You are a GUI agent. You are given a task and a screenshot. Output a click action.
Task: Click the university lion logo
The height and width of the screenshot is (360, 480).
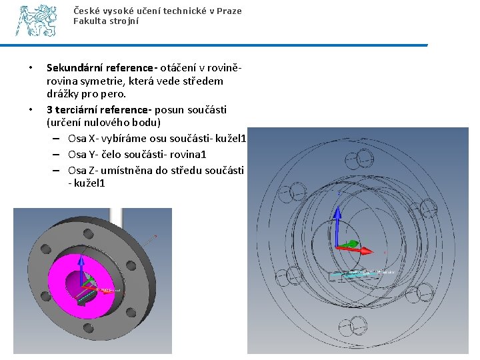click(37, 21)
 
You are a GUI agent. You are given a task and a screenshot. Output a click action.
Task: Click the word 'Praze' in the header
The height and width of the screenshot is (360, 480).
click(229, 11)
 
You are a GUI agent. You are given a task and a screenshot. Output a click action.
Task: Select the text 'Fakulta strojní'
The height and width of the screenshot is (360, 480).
click(106, 21)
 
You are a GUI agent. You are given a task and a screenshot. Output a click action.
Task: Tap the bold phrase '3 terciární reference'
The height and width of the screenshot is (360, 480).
click(98, 109)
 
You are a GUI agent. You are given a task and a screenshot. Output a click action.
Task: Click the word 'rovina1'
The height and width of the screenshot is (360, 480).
click(189, 154)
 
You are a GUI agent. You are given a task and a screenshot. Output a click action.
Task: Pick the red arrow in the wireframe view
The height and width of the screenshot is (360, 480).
click(353, 247)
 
